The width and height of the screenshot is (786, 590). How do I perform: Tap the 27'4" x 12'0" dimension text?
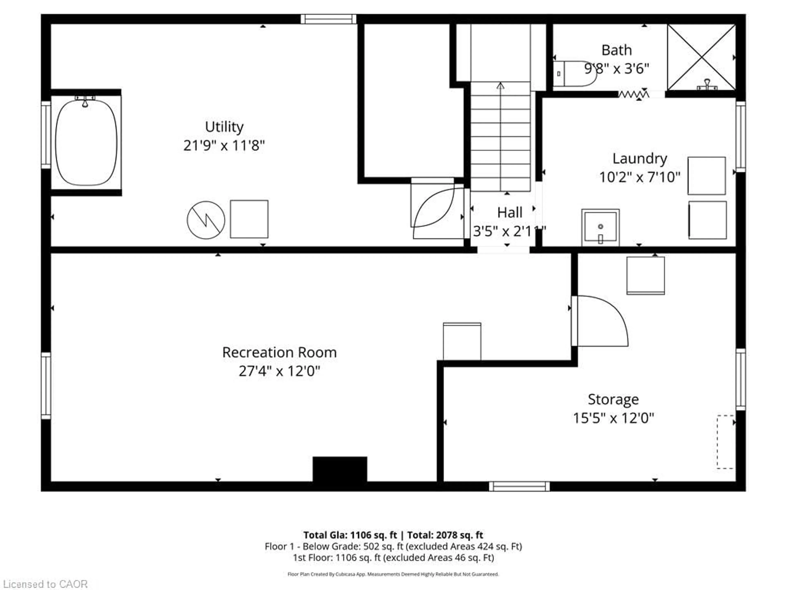[x=279, y=371]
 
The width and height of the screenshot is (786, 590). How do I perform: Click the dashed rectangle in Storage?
[x=725, y=442]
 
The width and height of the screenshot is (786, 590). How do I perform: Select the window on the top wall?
[x=328, y=19]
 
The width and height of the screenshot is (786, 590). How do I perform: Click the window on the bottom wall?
[x=519, y=486]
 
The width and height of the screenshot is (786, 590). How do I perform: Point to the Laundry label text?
[x=640, y=159]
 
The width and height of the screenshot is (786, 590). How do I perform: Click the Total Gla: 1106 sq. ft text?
[x=350, y=535]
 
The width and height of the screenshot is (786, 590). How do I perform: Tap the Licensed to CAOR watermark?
[x=45, y=584]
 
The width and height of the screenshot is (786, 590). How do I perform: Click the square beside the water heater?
[x=249, y=219]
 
